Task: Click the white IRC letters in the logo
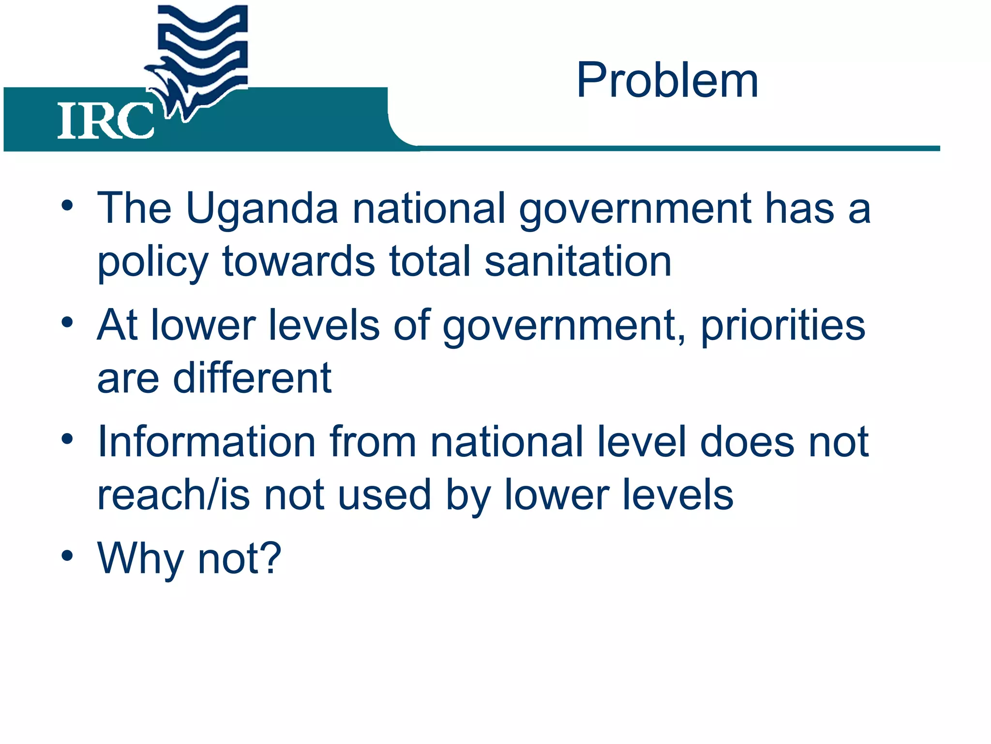pos(105,121)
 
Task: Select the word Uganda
pos(262,209)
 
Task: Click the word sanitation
pos(578,262)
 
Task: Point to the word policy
pos(153,264)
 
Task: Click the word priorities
pos(783,325)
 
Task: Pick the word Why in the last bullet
pos(141,559)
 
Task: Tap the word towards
pos(298,262)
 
